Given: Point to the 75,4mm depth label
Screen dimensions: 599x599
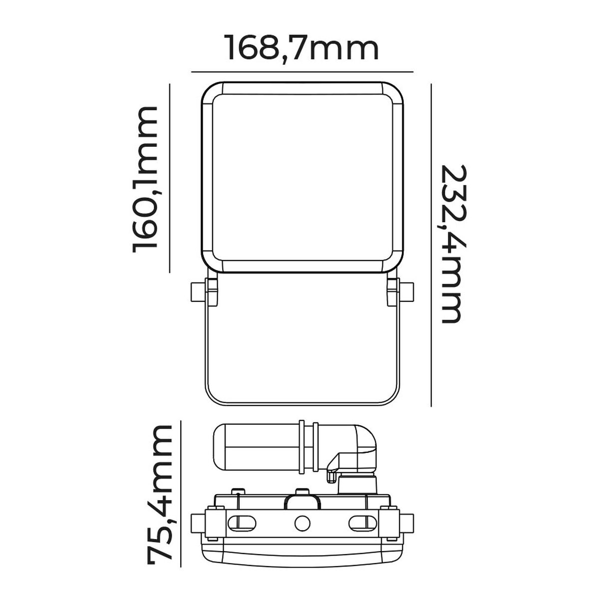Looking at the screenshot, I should coord(159,502).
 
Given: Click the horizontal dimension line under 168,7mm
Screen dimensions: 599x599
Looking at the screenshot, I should coord(302,72).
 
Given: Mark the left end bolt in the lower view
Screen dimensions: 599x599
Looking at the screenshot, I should coord(197,522).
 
